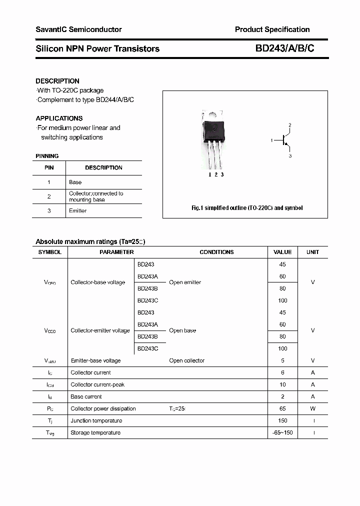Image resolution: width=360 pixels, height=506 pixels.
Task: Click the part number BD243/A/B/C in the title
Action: (x=284, y=48)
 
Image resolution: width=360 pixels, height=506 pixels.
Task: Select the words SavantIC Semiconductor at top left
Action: (x=78, y=29)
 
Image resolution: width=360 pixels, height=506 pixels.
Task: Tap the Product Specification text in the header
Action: (x=272, y=29)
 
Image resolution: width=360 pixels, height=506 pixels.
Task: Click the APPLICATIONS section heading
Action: (x=59, y=118)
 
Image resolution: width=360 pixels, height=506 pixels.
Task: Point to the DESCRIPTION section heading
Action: (x=57, y=81)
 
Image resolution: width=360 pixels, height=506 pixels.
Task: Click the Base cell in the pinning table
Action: (x=75, y=182)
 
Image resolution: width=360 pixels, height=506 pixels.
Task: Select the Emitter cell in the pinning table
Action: (x=77, y=211)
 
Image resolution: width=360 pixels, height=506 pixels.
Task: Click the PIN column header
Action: (x=49, y=168)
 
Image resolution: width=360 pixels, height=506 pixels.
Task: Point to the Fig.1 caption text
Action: (x=247, y=208)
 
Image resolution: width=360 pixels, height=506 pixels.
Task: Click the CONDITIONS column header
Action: (x=216, y=252)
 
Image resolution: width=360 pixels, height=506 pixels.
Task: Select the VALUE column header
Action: (x=282, y=252)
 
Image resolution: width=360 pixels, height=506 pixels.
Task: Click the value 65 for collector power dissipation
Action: (x=282, y=409)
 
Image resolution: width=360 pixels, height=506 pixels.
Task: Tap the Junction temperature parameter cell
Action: (x=96, y=421)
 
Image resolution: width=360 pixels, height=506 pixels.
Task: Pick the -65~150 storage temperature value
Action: (x=282, y=433)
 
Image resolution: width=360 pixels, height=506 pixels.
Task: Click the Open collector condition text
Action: (x=186, y=361)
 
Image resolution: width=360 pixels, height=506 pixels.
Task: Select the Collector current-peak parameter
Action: (x=97, y=385)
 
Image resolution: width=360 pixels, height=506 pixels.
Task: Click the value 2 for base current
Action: (x=282, y=397)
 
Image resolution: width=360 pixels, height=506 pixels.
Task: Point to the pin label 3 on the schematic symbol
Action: (x=289, y=156)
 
